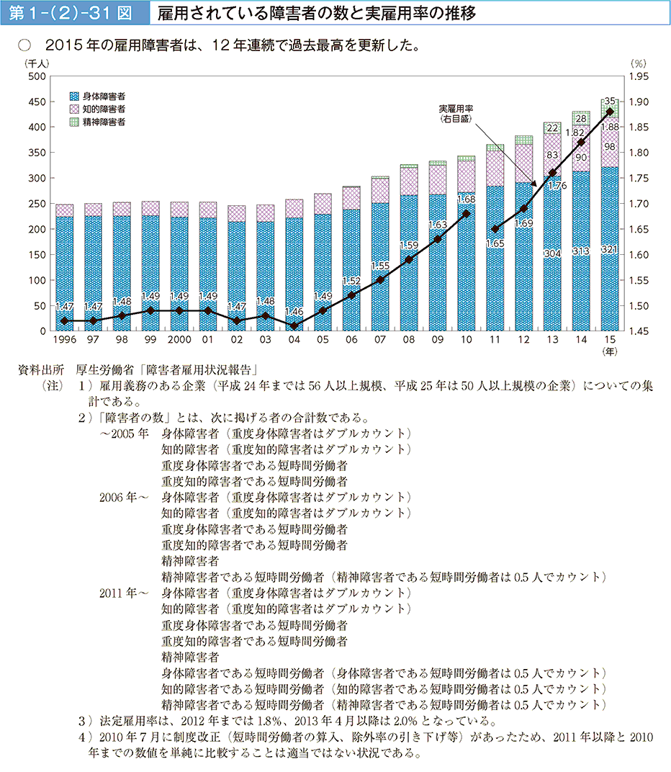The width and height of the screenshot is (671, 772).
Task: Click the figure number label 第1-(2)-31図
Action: [x=71, y=13]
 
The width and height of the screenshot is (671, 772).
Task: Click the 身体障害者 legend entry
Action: [x=104, y=96]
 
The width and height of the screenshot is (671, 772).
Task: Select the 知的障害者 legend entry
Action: [x=104, y=109]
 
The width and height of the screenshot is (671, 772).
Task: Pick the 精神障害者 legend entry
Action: [x=104, y=122]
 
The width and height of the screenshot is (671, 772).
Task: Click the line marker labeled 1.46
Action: [x=293, y=326]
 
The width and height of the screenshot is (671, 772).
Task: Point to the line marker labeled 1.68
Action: [x=466, y=214]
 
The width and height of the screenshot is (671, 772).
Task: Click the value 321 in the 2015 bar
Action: [x=610, y=250]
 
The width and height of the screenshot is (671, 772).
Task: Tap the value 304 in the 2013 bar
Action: [x=552, y=253]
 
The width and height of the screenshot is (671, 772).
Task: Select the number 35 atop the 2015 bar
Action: [x=610, y=102]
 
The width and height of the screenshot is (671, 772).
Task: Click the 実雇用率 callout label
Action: [x=456, y=109]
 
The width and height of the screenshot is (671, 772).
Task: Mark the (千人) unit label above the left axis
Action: [x=37, y=63]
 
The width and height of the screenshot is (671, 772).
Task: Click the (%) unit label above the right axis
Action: [x=638, y=63]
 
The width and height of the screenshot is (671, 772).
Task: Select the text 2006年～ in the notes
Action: [x=125, y=496]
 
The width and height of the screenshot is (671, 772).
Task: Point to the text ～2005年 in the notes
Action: [x=124, y=434]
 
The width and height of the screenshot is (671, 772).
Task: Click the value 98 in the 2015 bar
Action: [x=610, y=147]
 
